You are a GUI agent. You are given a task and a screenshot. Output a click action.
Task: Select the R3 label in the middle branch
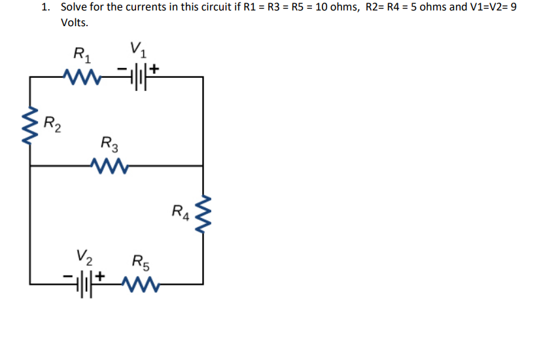click(110, 143)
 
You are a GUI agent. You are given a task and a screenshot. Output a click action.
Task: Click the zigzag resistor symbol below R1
click(81, 77)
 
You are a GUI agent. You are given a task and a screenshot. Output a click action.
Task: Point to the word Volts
click(74, 23)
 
